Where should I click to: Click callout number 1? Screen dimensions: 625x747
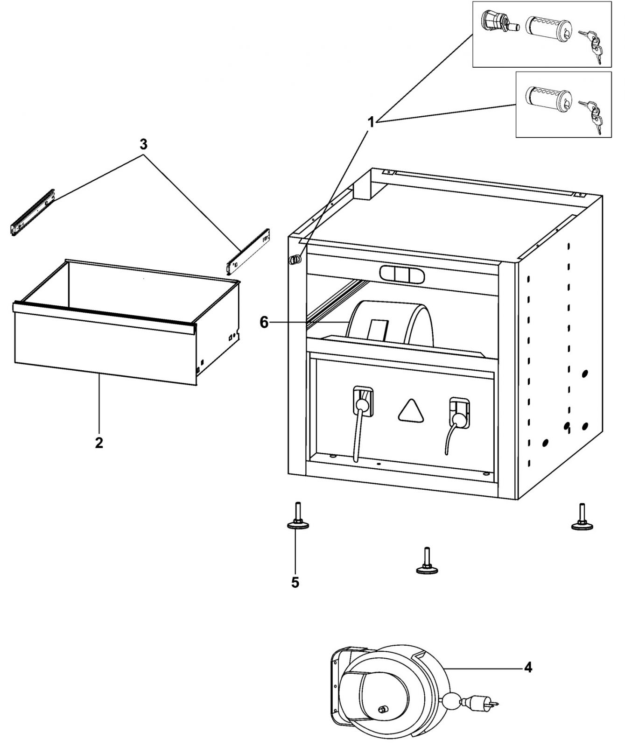(x=371, y=123)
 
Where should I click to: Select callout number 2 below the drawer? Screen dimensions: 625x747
(x=99, y=443)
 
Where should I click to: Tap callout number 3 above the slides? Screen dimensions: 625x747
(x=143, y=144)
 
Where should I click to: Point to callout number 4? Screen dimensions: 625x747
(x=527, y=668)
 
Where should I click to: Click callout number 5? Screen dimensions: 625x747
(x=295, y=582)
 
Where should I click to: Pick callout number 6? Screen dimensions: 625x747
(x=264, y=322)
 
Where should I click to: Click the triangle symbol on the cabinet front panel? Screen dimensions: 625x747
(x=412, y=412)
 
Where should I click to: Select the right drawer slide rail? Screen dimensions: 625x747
(x=247, y=251)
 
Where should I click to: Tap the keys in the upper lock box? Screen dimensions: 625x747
(x=590, y=44)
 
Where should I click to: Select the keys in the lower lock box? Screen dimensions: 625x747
(x=590, y=115)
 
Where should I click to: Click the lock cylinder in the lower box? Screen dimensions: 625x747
(x=548, y=99)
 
